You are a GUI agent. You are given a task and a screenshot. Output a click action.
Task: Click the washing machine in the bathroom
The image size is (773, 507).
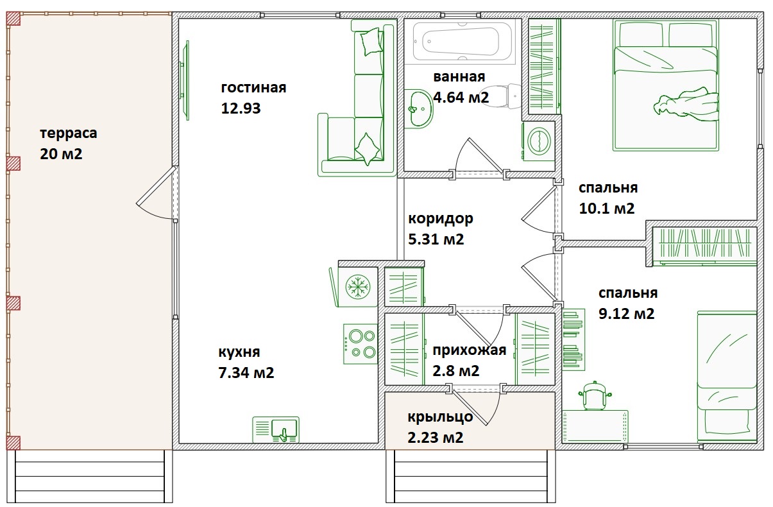tap(538, 141)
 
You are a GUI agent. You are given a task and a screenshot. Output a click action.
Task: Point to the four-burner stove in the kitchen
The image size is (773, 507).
tap(361, 344)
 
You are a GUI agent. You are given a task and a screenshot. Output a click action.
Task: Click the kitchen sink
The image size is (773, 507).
tap(276, 430)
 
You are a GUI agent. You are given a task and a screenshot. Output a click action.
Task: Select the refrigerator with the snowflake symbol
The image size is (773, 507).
tap(353, 287)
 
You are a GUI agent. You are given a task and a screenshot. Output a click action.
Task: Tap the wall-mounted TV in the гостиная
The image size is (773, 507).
tap(185, 80)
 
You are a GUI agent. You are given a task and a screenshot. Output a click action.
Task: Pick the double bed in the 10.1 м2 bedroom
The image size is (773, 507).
tap(666, 85)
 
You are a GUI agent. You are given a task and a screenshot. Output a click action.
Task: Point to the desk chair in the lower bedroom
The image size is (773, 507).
tap(594, 396)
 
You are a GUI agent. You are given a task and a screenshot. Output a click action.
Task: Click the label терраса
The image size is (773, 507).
tap(69, 133)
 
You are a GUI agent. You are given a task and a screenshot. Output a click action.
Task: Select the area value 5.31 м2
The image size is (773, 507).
tap(436, 239)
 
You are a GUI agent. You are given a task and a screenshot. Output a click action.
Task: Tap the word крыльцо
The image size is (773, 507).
tap(440, 417)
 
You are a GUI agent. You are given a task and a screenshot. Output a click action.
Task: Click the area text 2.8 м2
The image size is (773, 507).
tap(456, 371)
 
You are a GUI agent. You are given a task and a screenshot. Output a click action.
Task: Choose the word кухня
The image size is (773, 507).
tap(239, 352)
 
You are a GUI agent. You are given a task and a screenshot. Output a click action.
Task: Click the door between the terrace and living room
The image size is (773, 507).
tap(157, 193)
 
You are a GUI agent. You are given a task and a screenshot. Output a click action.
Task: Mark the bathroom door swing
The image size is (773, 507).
tap(479, 155)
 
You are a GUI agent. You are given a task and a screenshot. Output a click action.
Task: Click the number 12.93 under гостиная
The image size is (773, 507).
tap(241, 108)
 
